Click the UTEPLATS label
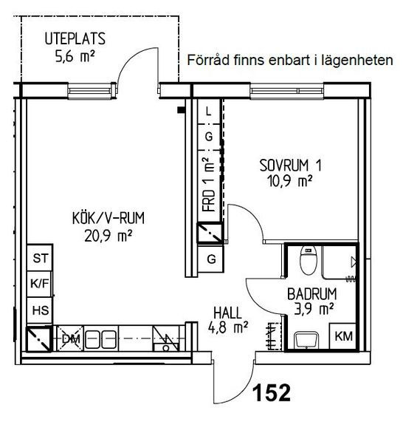(x=75, y=38)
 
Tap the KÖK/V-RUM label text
(x=108, y=218)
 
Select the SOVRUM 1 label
(x=290, y=166)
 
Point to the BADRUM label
(x=312, y=294)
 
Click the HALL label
(x=228, y=313)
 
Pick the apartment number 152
(x=272, y=392)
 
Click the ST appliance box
(x=40, y=258)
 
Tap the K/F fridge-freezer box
(x=39, y=285)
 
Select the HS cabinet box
(x=40, y=310)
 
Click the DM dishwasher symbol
(x=70, y=338)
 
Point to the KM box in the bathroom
(x=343, y=336)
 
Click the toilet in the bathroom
(x=309, y=261)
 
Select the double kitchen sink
(x=100, y=339)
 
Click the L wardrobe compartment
(x=209, y=112)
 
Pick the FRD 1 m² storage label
(x=209, y=185)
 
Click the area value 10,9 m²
(x=289, y=181)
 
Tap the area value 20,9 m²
(x=108, y=236)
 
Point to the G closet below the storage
(x=211, y=259)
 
